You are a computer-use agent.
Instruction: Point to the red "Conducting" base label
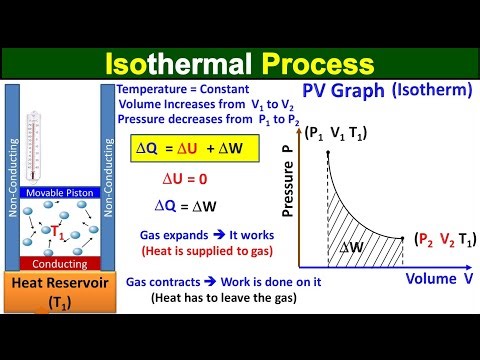(62, 264)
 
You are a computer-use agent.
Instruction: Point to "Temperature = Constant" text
(173, 89)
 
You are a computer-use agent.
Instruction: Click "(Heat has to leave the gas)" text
(206, 298)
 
